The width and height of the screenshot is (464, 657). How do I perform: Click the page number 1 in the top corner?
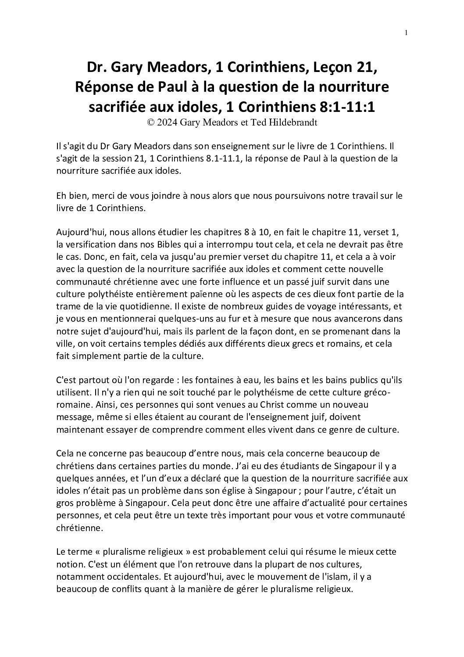coord(407,33)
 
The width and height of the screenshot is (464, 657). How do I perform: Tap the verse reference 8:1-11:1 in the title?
coord(344,107)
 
